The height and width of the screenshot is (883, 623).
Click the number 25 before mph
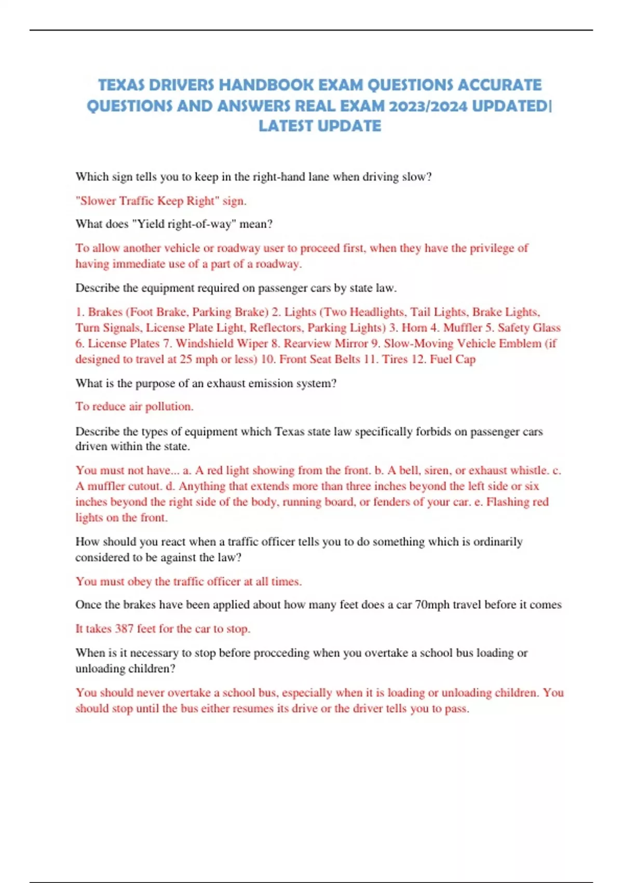pyautogui.click(x=185, y=359)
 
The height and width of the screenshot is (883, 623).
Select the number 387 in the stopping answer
pyautogui.click(x=124, y=629)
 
